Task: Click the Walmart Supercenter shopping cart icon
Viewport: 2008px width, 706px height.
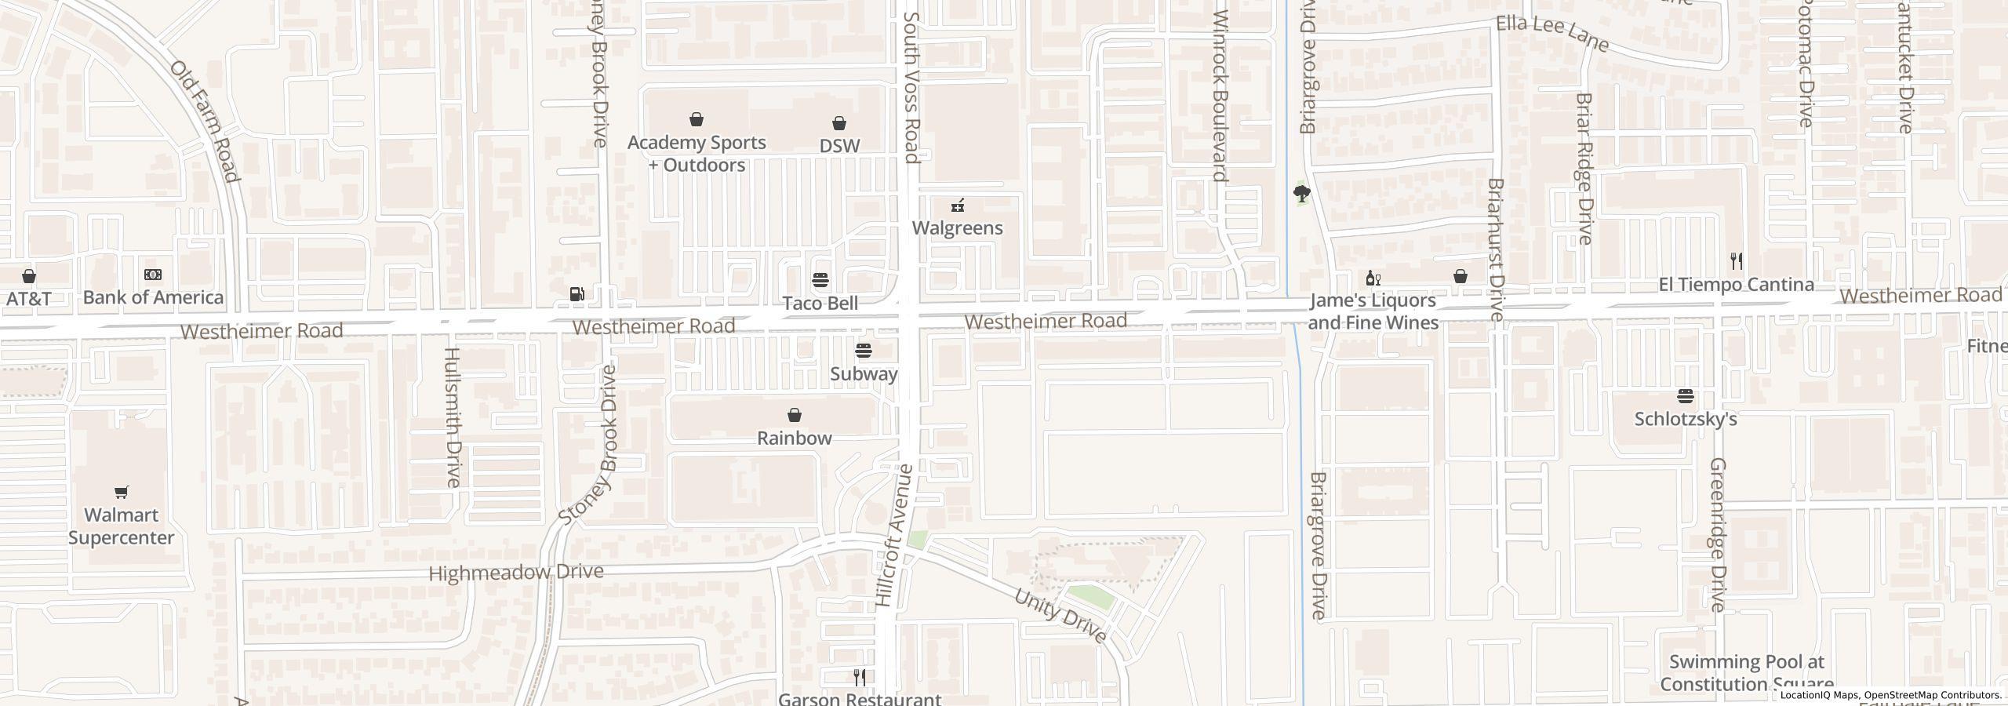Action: click(121, 492)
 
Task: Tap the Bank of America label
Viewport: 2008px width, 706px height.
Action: click(153, 297)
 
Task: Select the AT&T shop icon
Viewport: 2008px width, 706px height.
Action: click(29, 276)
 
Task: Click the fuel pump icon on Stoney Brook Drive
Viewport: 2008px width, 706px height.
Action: click(577, 294)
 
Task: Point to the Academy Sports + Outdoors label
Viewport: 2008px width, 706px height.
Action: click(696, 154)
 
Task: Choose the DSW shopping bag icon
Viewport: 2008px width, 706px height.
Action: click(839, 123)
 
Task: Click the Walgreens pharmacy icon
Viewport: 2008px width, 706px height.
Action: click(957, 206)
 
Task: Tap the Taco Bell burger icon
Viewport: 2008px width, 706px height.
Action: click(820, 280)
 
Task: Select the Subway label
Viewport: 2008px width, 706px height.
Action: click(864, 373)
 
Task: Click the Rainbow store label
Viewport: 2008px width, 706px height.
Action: click(794, 438)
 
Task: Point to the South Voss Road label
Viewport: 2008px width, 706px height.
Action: click(911, 86)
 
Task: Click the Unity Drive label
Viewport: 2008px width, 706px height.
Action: click(1060, 616)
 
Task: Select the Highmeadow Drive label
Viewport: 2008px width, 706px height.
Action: click(516, 573)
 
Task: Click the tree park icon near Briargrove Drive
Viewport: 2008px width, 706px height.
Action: click(1302, 193)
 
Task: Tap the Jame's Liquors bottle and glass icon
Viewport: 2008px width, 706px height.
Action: click(1373, 278)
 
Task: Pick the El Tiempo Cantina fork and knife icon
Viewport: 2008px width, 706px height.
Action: click(1737, 261)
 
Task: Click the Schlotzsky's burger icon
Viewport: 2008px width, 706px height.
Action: click(1686, 396)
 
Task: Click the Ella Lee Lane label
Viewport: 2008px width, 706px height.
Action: click(1552, 35)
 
